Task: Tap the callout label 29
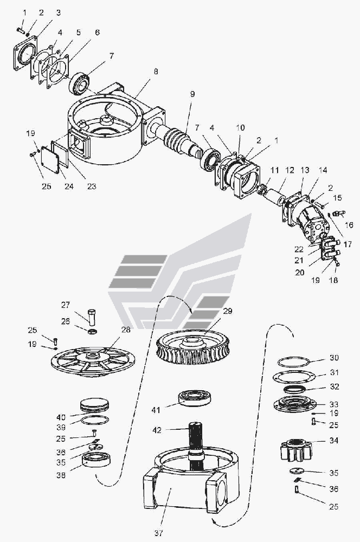(x=227, y=312)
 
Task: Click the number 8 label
(x=156, y=71)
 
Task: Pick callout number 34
(x=333, y=441)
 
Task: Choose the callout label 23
(x=92, y=186)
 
